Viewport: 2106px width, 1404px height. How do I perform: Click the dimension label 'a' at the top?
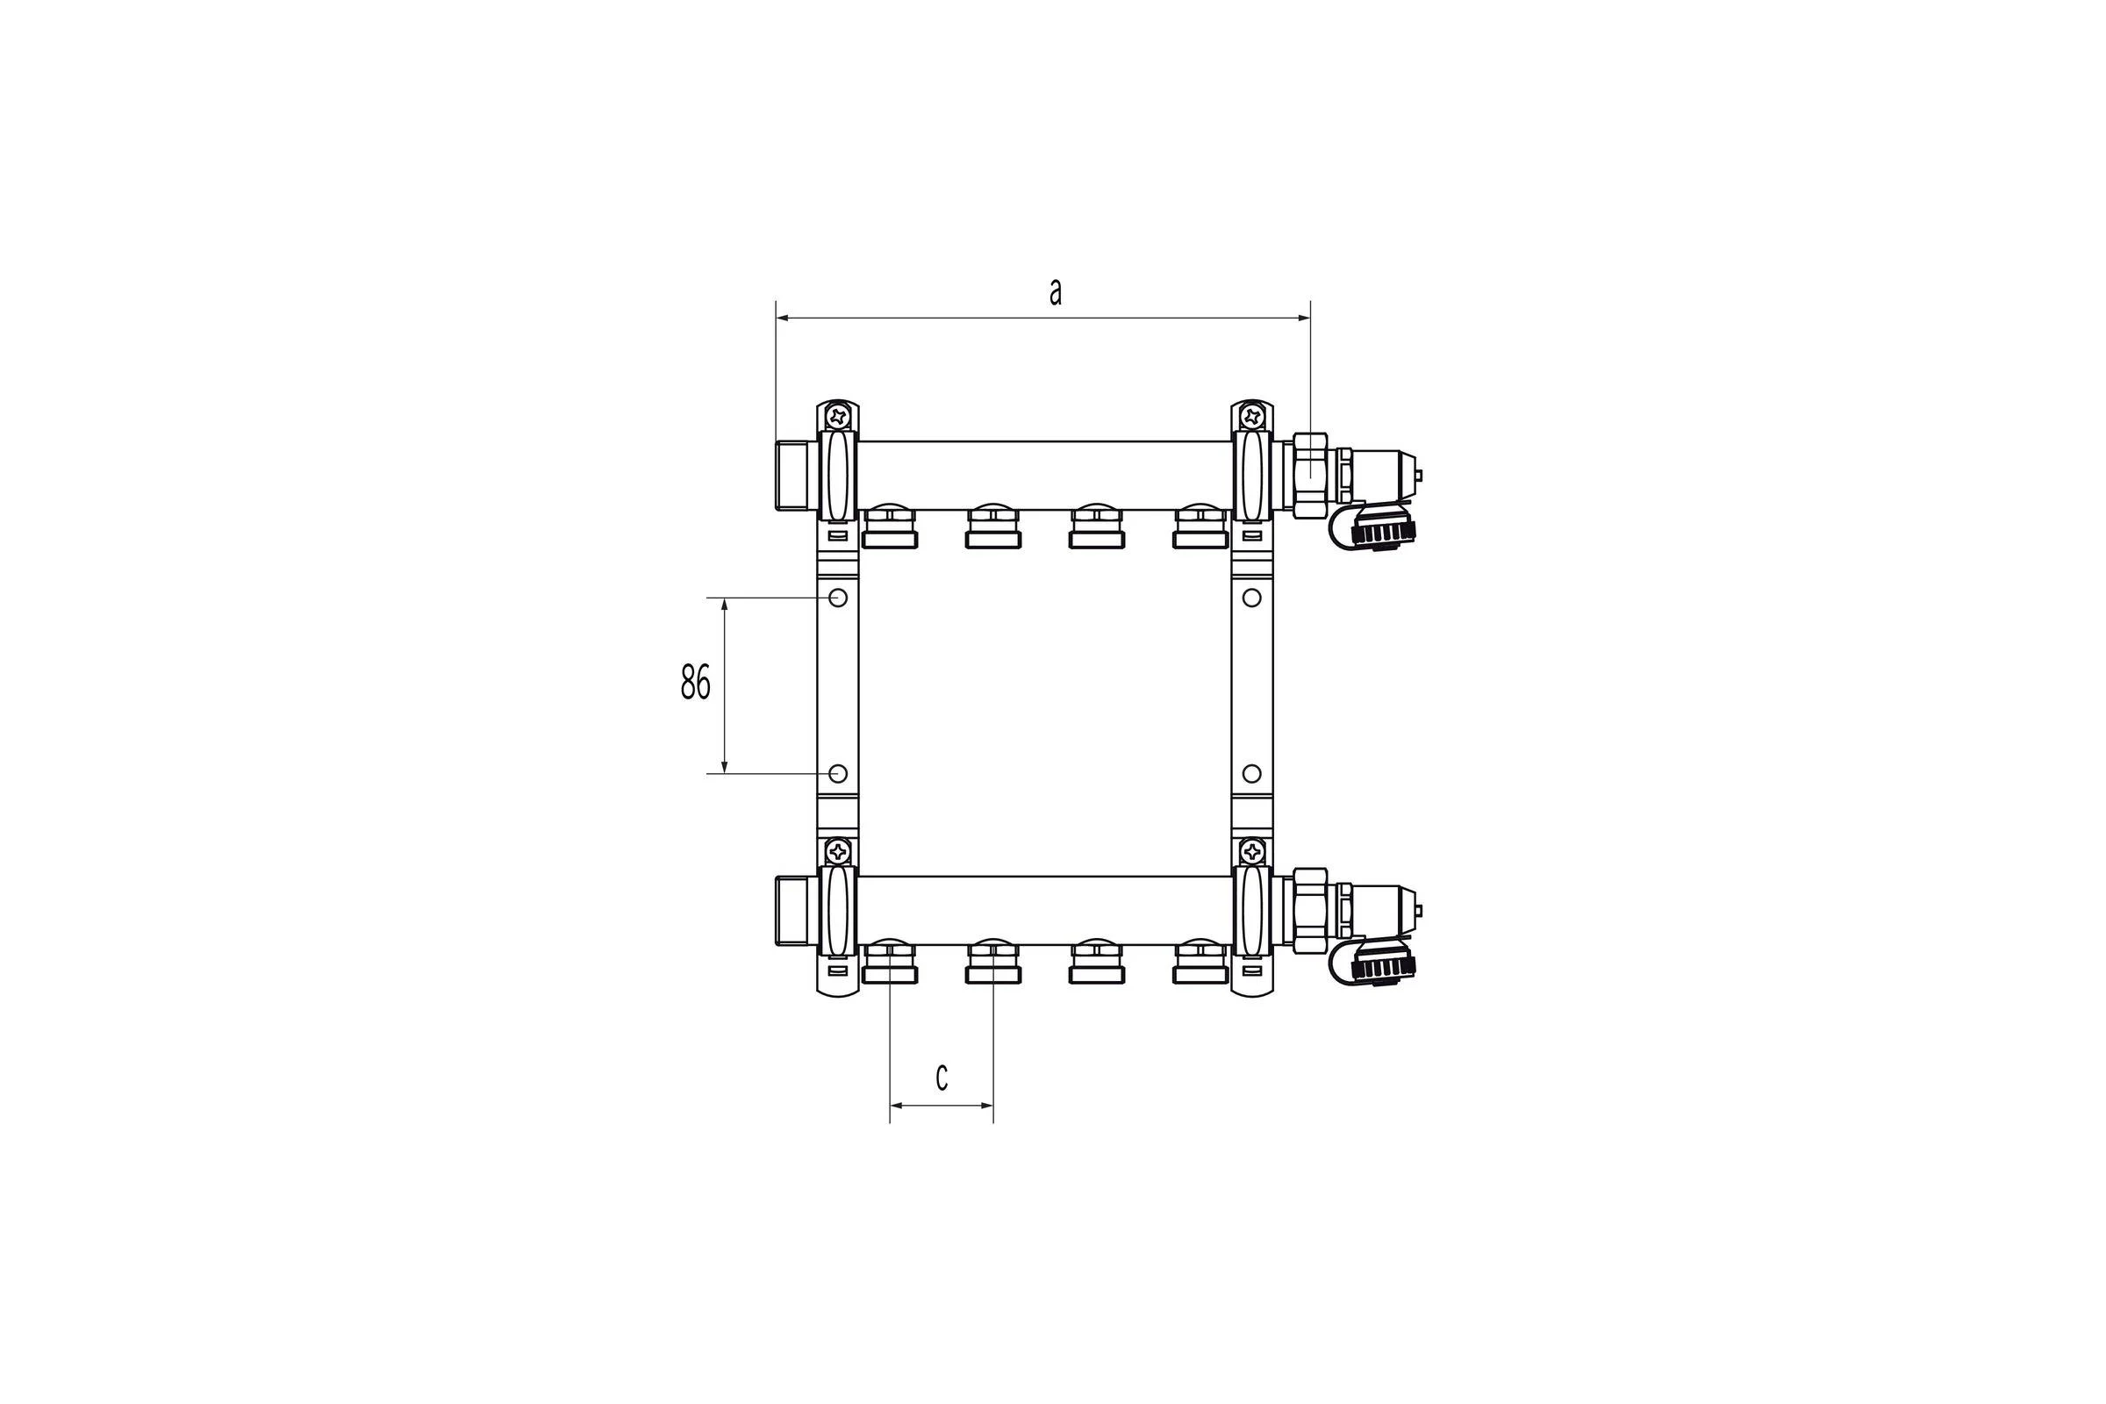coord(1056,292)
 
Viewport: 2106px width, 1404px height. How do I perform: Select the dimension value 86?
coord(696,683)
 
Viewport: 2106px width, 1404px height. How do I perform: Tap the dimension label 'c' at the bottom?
coord(941,1078)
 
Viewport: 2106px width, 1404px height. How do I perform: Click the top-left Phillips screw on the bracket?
coord(838,415)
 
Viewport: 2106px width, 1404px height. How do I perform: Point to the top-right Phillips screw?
coord(1253,415)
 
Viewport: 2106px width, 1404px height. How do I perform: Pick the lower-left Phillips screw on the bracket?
coord(838,850)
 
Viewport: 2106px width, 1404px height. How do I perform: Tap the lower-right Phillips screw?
coord(1253,850)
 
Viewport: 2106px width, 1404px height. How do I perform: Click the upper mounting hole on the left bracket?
coord(838,598)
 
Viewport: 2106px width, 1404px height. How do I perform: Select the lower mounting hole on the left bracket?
coord(838,773)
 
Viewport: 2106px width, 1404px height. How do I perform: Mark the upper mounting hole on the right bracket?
coord(1252,598)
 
